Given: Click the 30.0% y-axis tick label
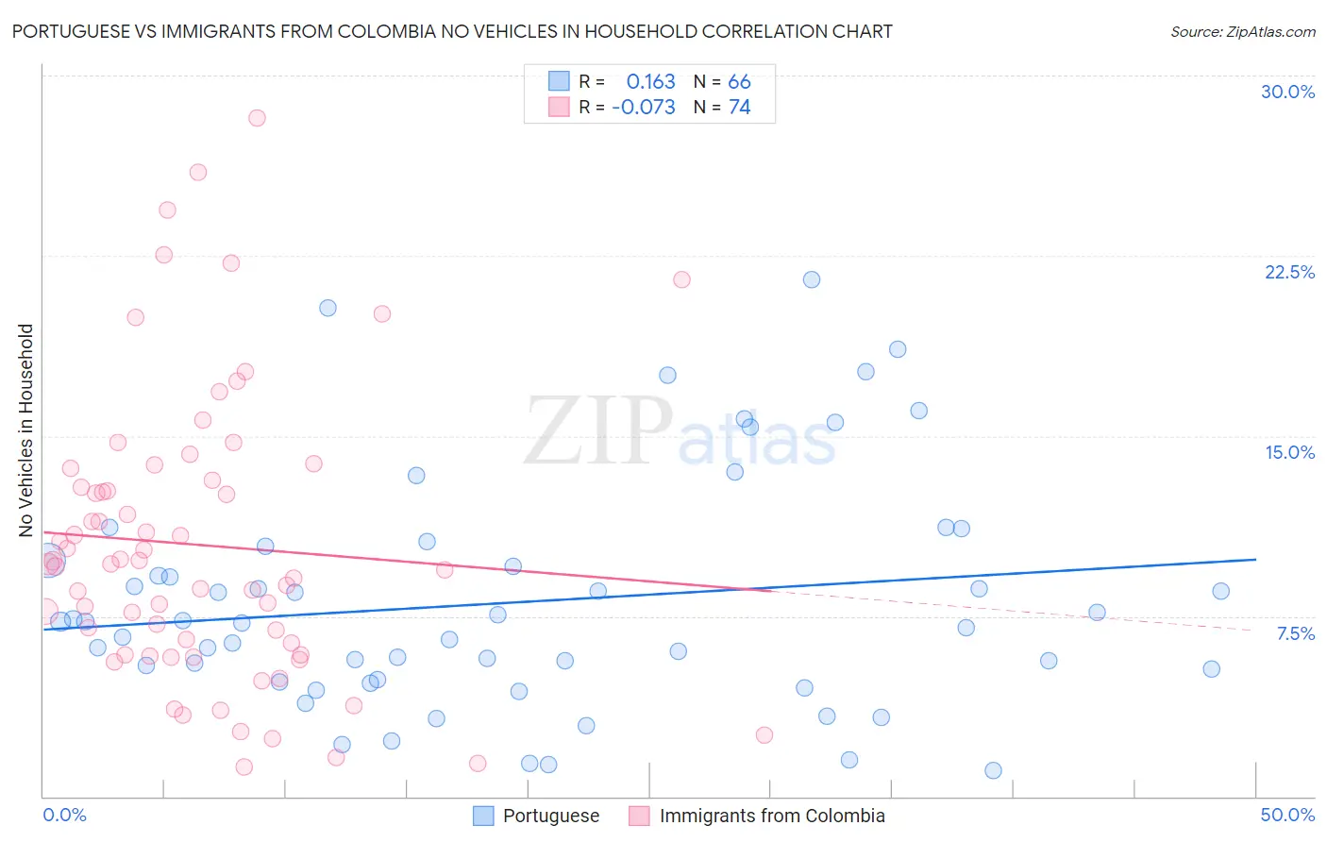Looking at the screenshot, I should [x=1287, y=92].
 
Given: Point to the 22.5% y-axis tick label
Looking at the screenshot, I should [x=1289, y=272].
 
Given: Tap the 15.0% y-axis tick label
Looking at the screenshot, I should [x=1289, y=452].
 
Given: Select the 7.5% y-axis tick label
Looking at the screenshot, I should [x=1295, y=633].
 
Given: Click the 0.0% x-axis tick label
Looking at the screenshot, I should [x=64, y=815].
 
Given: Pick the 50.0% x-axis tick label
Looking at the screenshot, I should [x=1287, y=815].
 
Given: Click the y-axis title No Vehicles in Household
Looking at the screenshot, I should [x=26, y=430].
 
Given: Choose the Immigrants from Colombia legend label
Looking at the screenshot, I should [x=771, y=816].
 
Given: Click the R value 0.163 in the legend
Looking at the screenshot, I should [x=650, y=81].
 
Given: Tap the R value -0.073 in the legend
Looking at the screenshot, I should [x=644, y=107].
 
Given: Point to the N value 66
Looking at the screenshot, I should [x=739, y=81].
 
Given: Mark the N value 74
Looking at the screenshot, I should [x=739, y=107].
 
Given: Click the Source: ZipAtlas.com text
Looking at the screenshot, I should [x=1242, y=31].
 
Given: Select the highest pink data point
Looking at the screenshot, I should [x=257, y=118].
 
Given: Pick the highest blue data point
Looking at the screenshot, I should [x=812, y=279].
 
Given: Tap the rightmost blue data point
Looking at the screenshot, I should [x=1220, y=591].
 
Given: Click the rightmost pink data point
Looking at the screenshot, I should [x=764, y=734].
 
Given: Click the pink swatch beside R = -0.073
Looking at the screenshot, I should [x=559, y=107].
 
